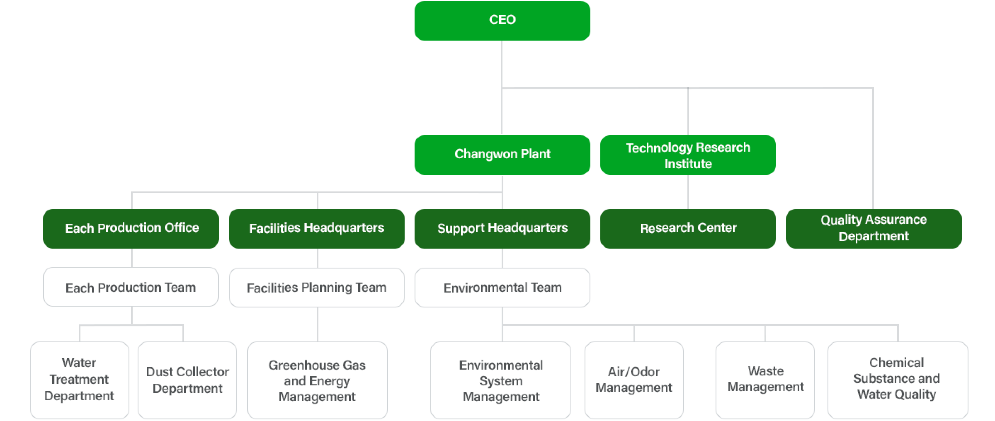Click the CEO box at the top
(502, 20)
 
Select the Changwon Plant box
(502, 155)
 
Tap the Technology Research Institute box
(688, 155)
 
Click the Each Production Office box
(131, 228)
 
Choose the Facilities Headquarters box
(316, 228)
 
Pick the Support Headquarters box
(502, 228)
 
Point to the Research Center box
(688, 228)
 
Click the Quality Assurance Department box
(874, 228)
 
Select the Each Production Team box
(131, 287)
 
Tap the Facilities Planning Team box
(316, 287)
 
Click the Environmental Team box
(502, 287)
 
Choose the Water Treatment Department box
(79, 380)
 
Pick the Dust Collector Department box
(187, 380)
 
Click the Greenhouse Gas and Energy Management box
(317, 380)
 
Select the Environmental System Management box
(501, 380)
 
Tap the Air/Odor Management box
(634, 380)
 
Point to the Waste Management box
(765, 380)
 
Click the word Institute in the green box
(688, 164)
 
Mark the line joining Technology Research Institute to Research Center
(688, 192)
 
